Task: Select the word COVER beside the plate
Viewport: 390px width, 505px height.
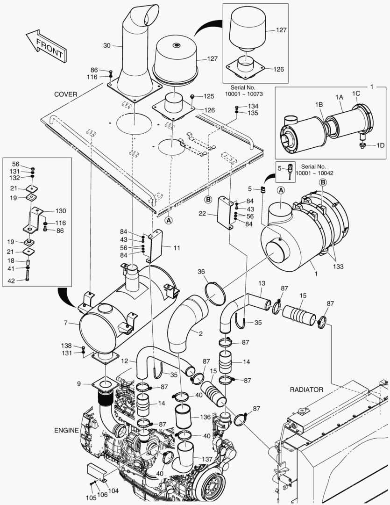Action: tap(65, 94)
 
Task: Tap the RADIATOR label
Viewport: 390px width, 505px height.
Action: tap(306, 389)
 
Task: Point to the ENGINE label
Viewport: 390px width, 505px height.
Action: tap(66, 430)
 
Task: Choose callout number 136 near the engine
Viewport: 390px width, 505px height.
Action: tap(206, 417)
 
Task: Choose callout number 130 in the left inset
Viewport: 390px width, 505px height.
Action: tap(61, 211)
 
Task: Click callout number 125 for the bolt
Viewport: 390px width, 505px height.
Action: tap(208, 96)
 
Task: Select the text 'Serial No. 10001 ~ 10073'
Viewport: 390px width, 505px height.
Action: tap(244, 91)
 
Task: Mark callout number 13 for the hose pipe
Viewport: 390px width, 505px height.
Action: tap(262, 283)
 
